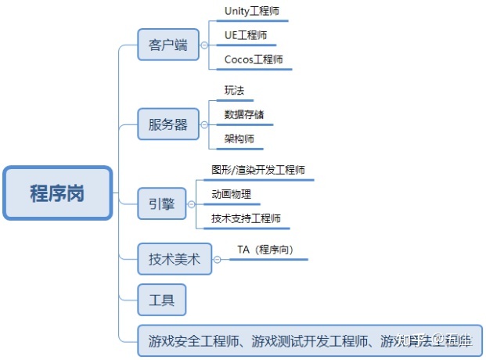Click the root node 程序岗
tap(57, 193)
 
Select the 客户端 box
tap(167, 45)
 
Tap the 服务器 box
tap(167, 124)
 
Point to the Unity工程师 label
tap(250, 12)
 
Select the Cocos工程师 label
tap(254, 59)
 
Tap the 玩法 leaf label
tap(234, 91)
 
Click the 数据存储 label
tap(243, 114)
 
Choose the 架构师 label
tap(239, 139)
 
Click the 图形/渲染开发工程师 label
tap(257, 170)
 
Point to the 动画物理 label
tap(231, 194)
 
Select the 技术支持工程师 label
tap(246, 218)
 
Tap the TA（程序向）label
tap(270, 250)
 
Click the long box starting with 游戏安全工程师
tap(310, 341)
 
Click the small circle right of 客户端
tap(203, 45)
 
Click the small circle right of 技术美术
tap(218, 260)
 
